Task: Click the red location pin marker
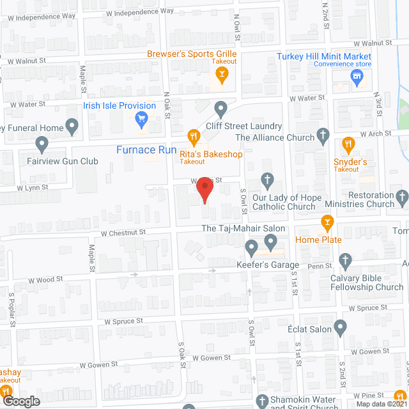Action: click(204, 190)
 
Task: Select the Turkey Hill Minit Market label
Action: click(324, 56)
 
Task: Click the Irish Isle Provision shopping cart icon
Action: click(143, 118)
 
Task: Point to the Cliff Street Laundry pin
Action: click(221, 108)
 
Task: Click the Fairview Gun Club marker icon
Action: click(43, 146)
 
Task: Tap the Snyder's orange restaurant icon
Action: click(348, 145)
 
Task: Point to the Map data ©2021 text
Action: click(380, 404)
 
